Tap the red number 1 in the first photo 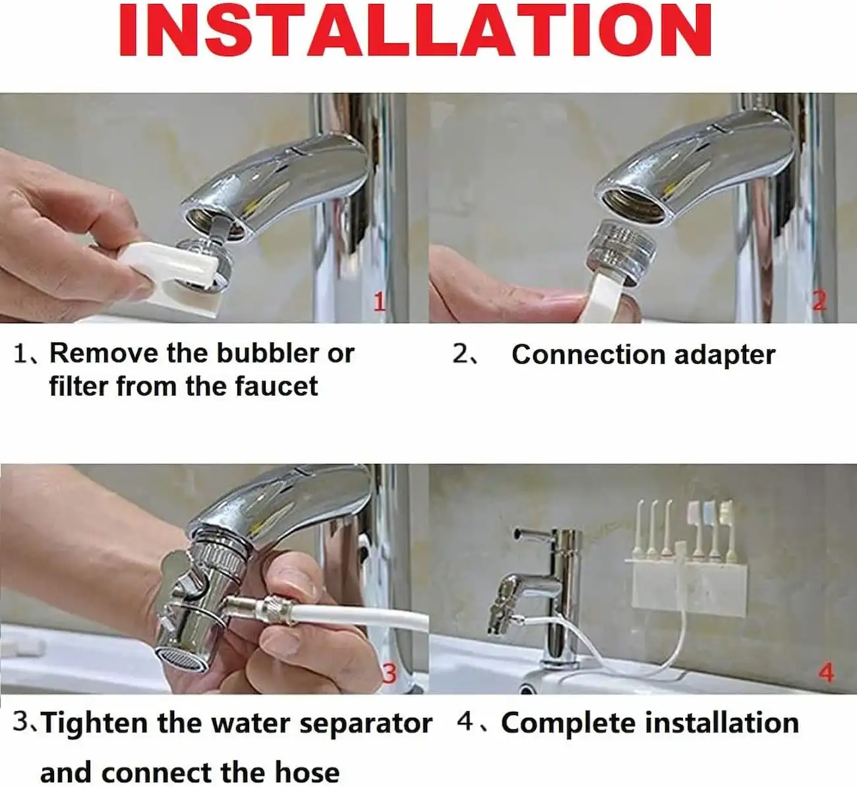point(380,302)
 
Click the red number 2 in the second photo point(819,300)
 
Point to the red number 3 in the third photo point(390,674)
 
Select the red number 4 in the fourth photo point(827,674)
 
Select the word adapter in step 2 point(725,355)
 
